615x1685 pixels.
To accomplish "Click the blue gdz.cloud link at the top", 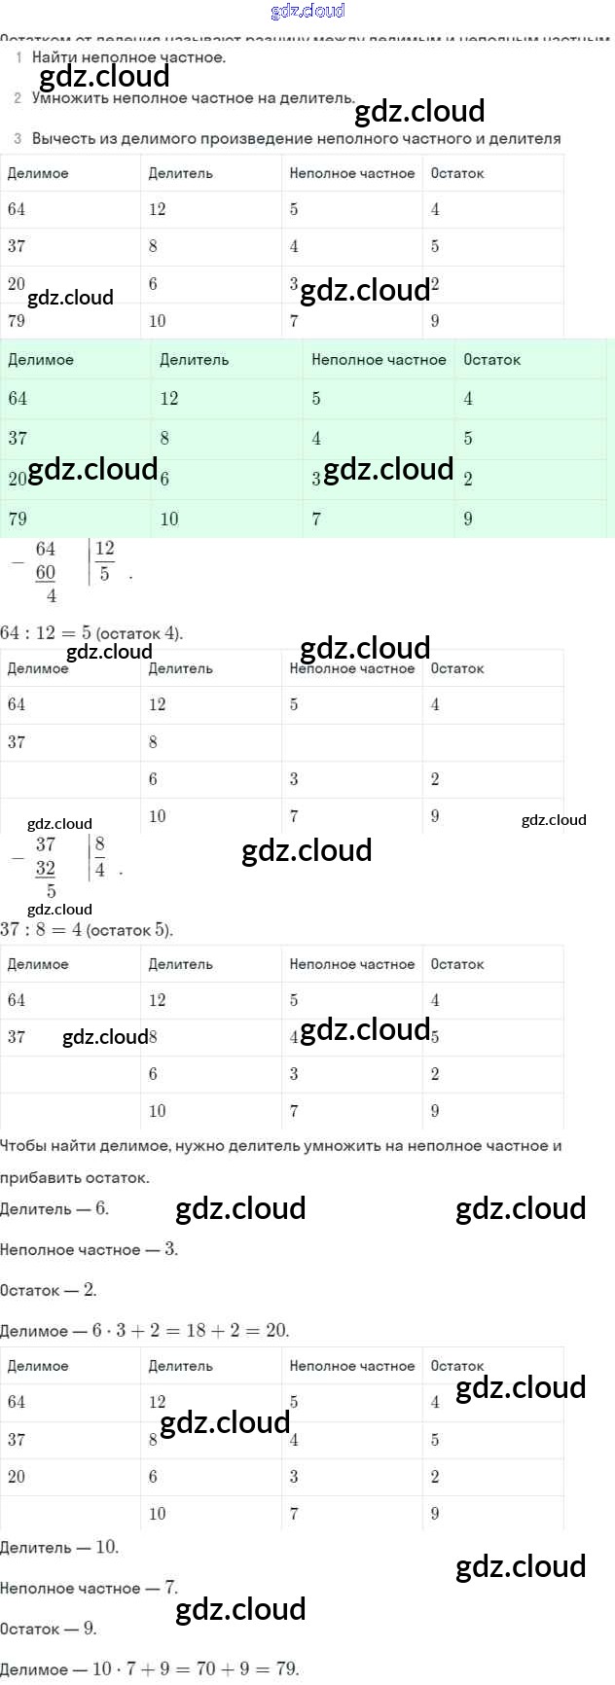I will point(307,11).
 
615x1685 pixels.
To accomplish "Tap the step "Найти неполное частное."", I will point(128,56).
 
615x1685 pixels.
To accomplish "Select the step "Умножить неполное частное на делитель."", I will point(193,97).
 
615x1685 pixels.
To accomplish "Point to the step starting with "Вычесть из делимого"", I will point(296,138).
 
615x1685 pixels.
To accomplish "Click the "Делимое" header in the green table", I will point(40,359).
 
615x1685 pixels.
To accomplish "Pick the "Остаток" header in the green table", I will point(491,359).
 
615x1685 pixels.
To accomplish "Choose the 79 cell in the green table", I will point(18,519).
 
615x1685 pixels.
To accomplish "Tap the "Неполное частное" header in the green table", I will point(379,359).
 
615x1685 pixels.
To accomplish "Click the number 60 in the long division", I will point(46,572).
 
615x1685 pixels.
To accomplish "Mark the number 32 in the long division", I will point(46,868).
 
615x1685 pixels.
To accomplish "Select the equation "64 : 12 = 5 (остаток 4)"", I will point(91,632).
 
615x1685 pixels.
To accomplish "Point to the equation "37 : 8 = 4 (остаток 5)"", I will point(87,929).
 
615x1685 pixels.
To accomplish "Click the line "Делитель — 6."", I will point(54,1208).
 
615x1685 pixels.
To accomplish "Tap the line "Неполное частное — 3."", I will point(89,1249).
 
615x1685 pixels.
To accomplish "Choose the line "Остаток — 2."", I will point(49,1290).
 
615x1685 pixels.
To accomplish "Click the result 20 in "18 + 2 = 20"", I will point(276,1330).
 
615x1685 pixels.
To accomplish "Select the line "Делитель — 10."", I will point(59,1547).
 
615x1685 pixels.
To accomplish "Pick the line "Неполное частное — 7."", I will point(89,1588).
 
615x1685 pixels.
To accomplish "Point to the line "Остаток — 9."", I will point(49,1629).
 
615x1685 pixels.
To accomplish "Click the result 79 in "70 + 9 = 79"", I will point(286,1668).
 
